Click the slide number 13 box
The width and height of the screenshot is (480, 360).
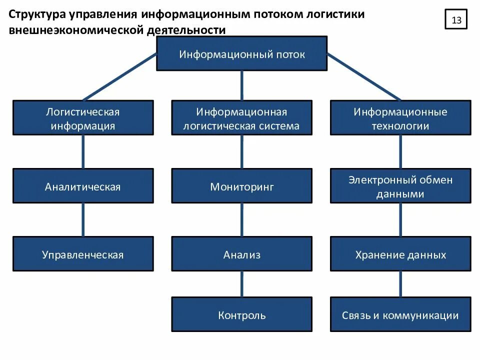[456, 20]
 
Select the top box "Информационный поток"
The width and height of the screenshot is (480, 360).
[242, 54]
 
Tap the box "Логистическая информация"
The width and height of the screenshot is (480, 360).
[83, 117]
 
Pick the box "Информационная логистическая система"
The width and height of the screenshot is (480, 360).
[242, 117]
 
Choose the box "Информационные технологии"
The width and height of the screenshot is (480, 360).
[400, 117]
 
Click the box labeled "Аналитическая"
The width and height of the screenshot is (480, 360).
[83, 186]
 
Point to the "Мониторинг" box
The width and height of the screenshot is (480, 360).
[242, 186]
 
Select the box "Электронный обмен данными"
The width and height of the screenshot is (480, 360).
[400, 186]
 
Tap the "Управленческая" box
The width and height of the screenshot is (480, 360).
[83, 254]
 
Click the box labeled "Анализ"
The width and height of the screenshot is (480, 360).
[242, 254]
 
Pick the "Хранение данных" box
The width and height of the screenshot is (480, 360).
[400, 254]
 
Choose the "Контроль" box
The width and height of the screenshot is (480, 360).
[242, 314]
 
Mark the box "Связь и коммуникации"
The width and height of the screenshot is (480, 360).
[400, 314]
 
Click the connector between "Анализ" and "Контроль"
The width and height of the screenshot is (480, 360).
[242, 284]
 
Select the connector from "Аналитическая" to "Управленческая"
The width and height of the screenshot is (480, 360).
[83, 220]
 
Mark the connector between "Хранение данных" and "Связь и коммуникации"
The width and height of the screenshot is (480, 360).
[400, 284]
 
